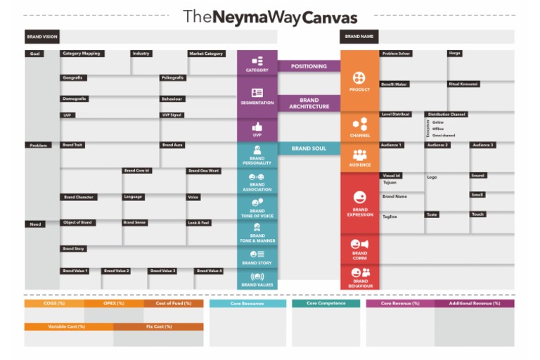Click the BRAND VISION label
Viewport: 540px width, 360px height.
point(42,37)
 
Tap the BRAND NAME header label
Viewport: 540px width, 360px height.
point(359,37)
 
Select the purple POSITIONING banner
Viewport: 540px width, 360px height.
point(309,66)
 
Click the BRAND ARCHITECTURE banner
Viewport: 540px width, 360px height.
point(309,103)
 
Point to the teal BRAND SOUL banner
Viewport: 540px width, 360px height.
point(309,148)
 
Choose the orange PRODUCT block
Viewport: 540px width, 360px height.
point(359,81)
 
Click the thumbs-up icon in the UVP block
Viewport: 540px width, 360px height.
point(257,127)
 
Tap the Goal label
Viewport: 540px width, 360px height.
point(34,53)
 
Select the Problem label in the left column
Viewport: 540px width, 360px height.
point(38,146)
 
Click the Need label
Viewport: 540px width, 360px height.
point(34,224)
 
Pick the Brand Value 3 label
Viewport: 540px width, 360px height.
point(163,271)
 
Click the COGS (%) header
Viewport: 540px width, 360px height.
point(54,303)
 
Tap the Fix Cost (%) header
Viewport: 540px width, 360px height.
point(158,326)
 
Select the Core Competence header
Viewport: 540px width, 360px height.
point(326,303)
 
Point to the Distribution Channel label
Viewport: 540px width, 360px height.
point(446,114)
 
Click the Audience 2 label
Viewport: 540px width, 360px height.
point(437,145)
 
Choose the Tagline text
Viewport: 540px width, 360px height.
point(390,217)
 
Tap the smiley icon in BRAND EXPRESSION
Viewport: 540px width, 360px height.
point(359,198)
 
